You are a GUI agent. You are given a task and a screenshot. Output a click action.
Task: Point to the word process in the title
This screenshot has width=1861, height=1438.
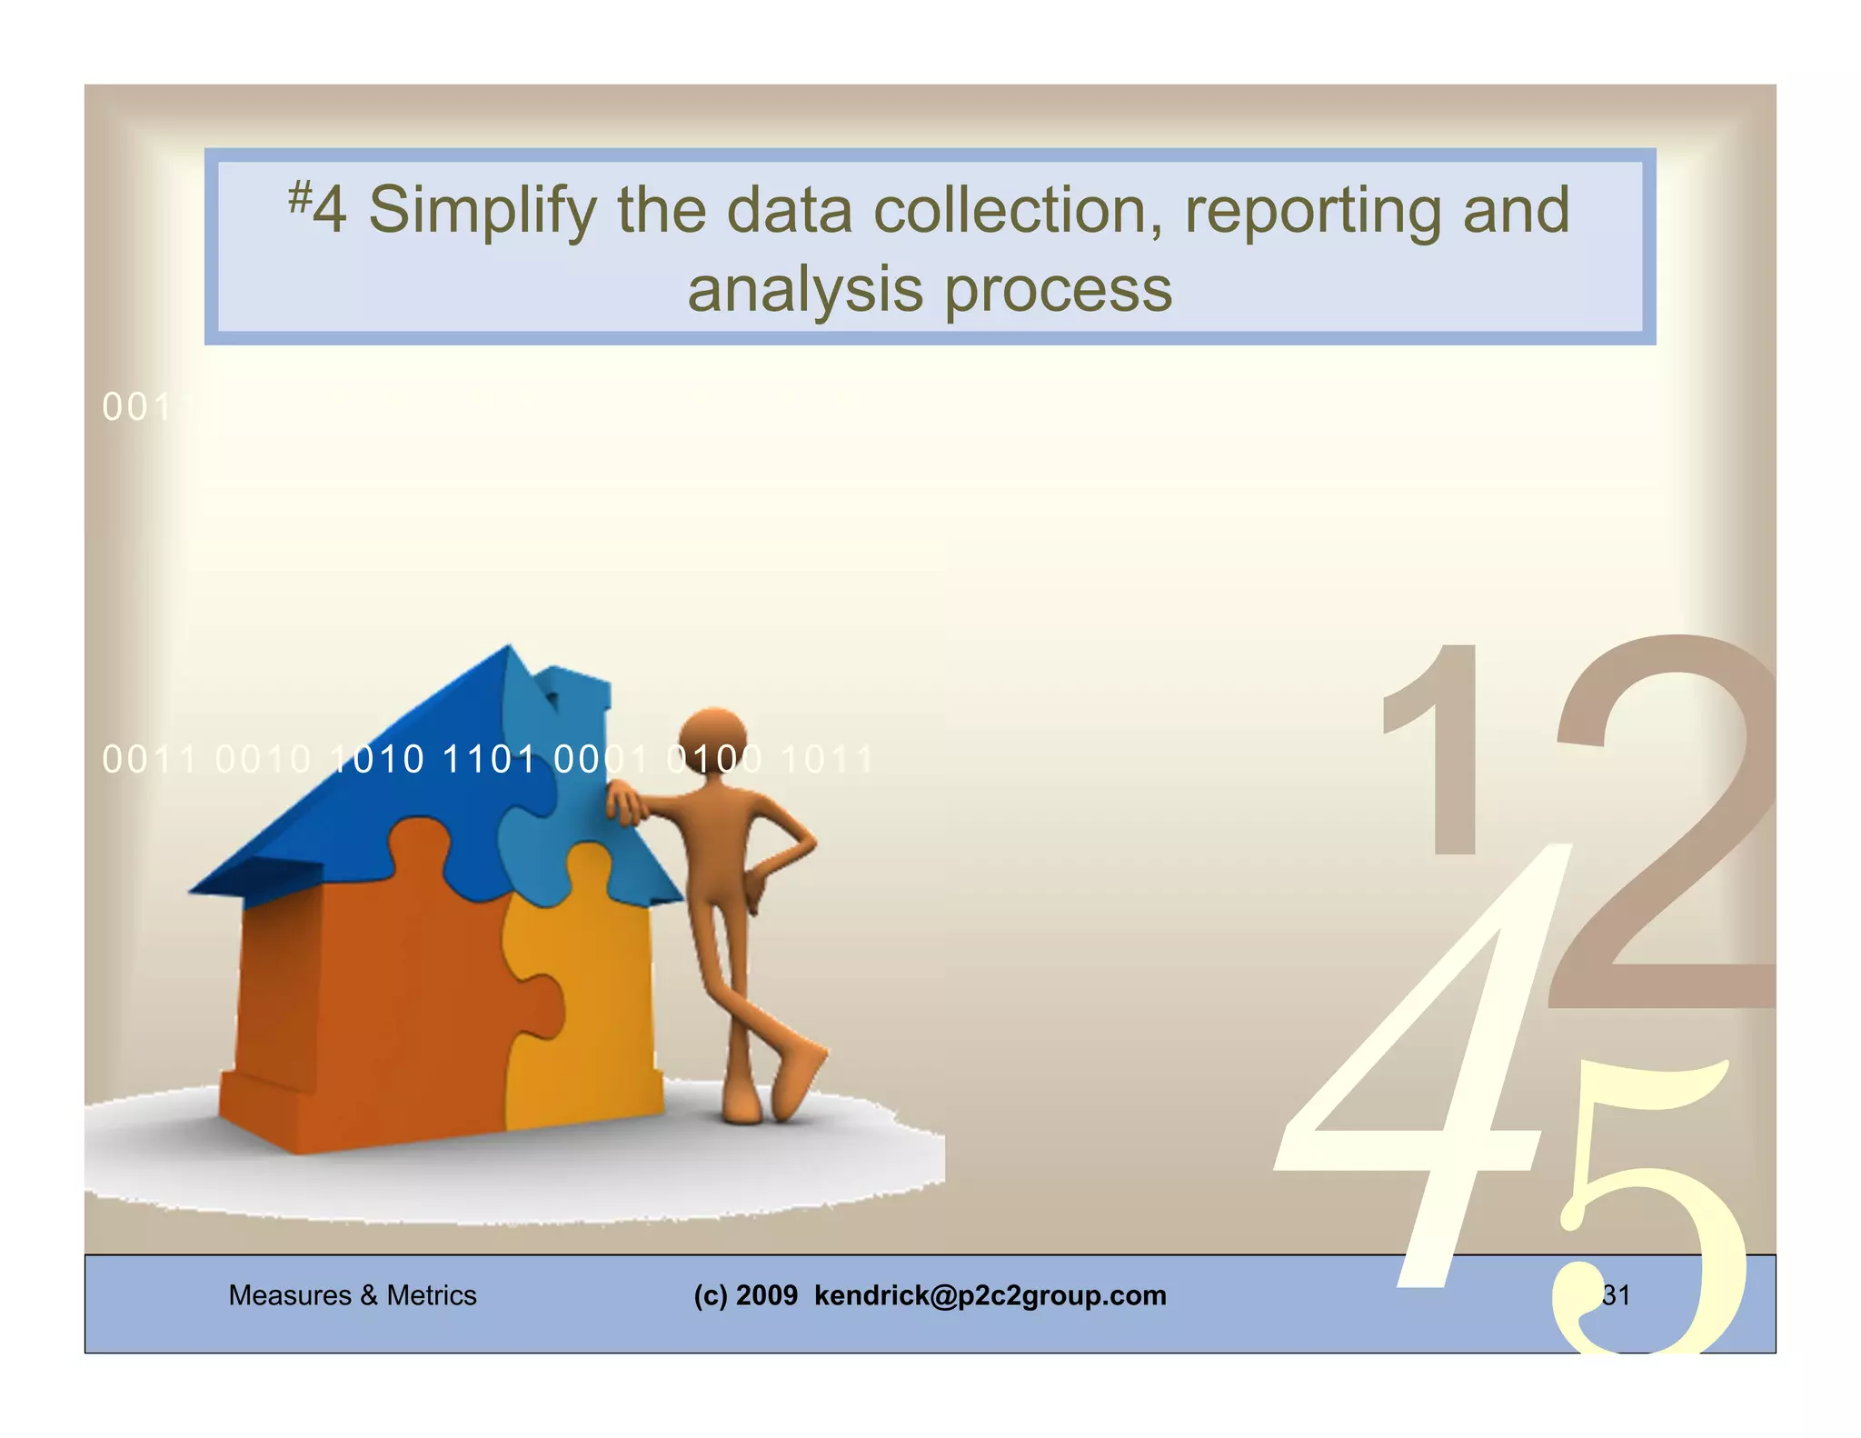click(1058, 292)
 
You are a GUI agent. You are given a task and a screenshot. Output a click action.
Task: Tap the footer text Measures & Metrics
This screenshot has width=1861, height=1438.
click(353, 1295)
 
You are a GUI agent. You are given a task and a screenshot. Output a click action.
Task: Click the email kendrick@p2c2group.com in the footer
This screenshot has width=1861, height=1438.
click(990, 1295)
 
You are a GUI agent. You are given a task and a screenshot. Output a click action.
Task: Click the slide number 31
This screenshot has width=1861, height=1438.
click(1616, 1295)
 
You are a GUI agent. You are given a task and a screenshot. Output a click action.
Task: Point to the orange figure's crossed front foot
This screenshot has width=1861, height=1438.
click(801, 1078)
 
